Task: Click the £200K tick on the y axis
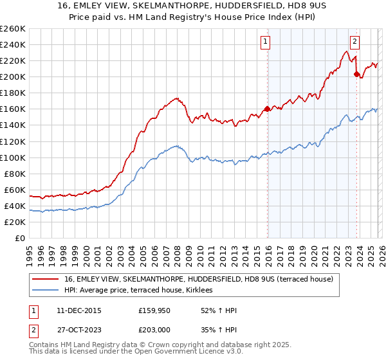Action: [x=13, y=77]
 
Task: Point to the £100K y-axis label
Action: [x=13, y=157]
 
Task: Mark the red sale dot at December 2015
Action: [x=266, y=109]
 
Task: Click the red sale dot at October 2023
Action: [x=356, y=74]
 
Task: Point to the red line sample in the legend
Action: [x=45, y=280]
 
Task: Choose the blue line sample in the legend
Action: [x=45, y=291]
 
